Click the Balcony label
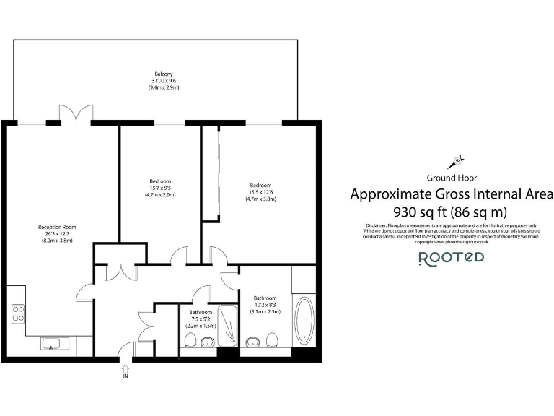(163, 74)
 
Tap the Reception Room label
(57, 227)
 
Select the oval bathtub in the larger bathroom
(304, 319)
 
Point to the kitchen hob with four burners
(18, 314)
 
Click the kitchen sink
(52, 343)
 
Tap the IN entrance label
(126, 376)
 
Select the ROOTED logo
(452, 258)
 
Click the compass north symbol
(457, 160)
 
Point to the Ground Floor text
(452, 177)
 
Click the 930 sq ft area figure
(418, 212)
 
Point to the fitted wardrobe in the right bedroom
(211, 173)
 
